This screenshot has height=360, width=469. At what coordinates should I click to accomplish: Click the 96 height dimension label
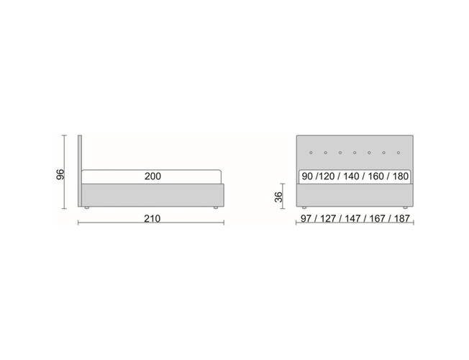60,174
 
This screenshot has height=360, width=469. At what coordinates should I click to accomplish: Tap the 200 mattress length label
152,176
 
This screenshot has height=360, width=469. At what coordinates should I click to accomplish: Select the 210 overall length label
152,218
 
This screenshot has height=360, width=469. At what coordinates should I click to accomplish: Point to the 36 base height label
278,197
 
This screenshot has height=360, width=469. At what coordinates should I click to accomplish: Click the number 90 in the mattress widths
307,176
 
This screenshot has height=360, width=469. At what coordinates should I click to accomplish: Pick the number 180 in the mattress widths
401,176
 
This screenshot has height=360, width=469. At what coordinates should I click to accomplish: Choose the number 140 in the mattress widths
351,176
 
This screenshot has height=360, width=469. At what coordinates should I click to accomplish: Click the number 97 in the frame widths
306,218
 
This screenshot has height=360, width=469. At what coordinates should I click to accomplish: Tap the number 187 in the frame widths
401,218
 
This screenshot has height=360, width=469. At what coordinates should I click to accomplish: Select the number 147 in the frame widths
352,218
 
